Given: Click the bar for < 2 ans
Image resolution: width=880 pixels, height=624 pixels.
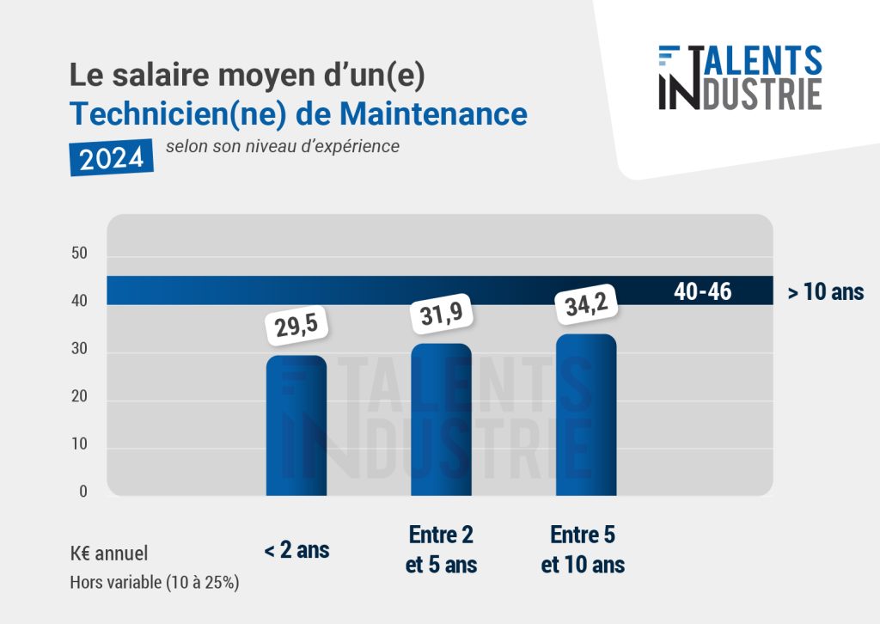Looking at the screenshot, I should pos(296,425).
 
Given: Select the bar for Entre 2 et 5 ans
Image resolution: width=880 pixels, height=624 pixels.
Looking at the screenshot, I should pos(441,419).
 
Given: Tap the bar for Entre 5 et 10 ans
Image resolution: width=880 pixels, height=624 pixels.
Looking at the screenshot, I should pos(586,414).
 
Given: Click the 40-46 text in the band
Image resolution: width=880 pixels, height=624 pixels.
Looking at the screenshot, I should pos(702,291).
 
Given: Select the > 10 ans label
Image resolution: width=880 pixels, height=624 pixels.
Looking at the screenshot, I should pos(825,292).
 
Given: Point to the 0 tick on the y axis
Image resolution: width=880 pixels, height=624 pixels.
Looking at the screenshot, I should pos(83,492).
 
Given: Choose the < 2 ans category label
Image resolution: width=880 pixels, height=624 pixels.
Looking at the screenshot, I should pos(296,550).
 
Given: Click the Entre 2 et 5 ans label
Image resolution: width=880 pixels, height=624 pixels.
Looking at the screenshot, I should pos(441,550).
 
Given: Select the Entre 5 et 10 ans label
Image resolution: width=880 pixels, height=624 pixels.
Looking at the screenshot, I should pos(584,550).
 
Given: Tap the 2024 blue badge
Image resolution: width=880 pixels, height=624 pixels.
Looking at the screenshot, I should pos(112,156).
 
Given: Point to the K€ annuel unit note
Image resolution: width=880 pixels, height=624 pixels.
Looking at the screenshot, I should pos(109,554).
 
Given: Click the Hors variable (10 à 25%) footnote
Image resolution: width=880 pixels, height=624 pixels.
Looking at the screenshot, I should pos(155,582).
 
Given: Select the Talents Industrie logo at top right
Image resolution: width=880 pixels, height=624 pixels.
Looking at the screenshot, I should pos(739,77).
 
